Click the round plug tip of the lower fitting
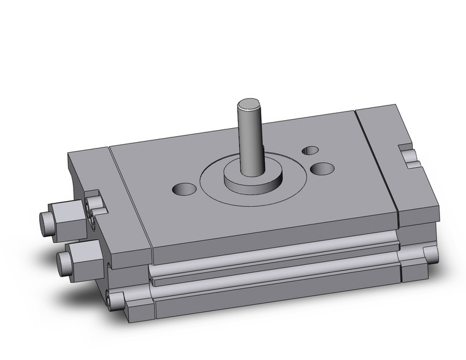point(63,264)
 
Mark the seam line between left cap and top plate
point(130,196)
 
